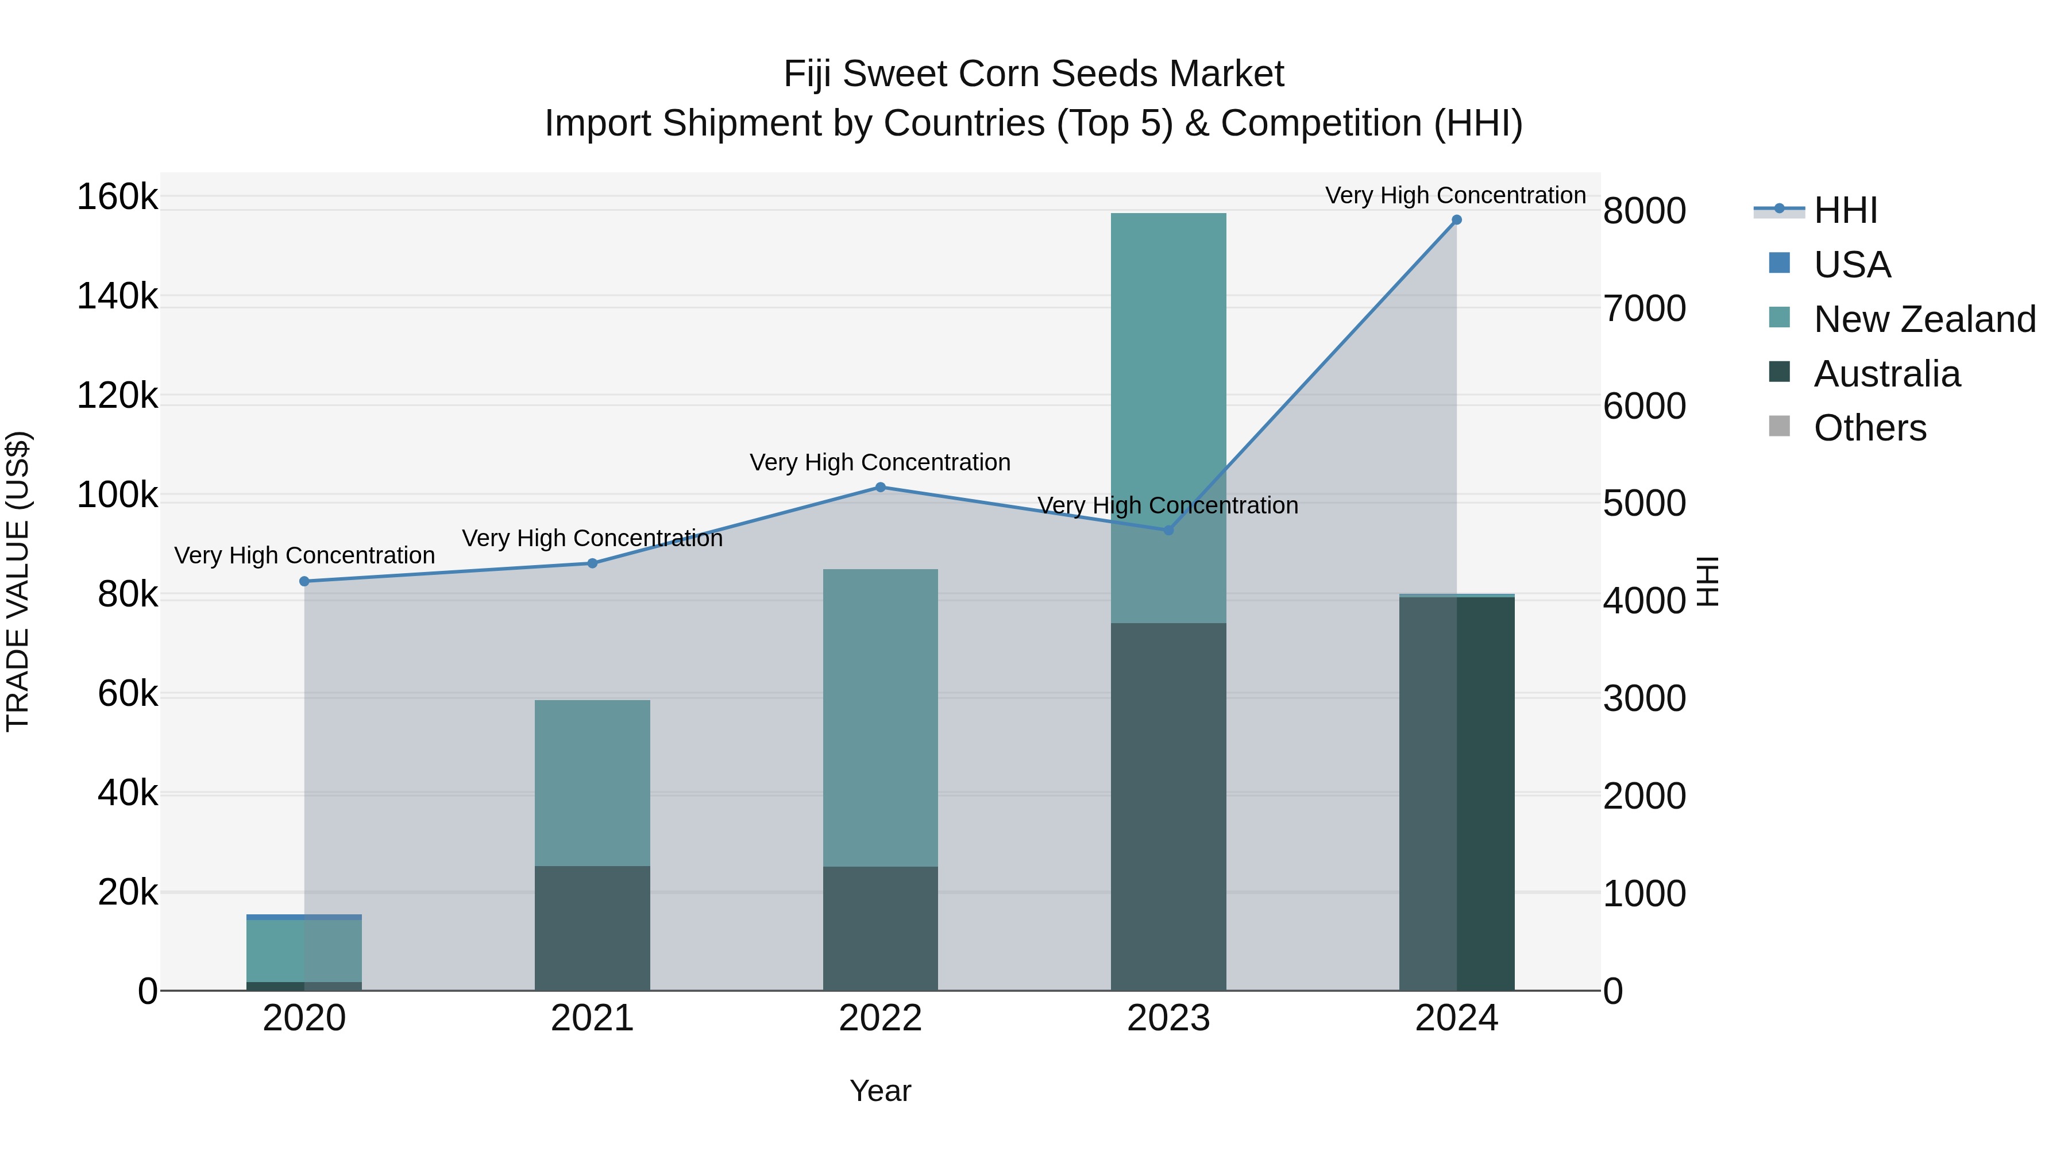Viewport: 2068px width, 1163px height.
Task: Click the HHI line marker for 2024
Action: pyautogui.click(x=1456, y=220)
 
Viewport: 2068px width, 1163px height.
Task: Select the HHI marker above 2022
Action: pyautogui.click(x=880, y=487)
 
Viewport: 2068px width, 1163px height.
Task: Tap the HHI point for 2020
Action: pyautogui.click(x=304, y=581)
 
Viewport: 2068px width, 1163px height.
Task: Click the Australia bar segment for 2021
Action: pyautogui.click(x=592, y=928)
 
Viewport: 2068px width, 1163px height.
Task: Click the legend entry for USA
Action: pyautogui.click(x=1851, y=265)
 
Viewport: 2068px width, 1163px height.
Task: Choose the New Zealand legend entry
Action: pyautogui.click(x=1923, y=319)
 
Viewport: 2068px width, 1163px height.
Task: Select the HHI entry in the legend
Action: pyautogui.click(x=1845, y=210)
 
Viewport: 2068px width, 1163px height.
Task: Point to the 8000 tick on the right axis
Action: pyautogui.click(x=1644, y=212)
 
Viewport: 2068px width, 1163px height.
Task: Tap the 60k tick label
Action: pyautogui.click(x=128, y=694)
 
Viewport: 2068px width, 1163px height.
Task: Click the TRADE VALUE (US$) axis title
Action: pyautogui.click(x=18, y=581)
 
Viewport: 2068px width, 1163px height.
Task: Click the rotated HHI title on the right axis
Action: pyautogui.click(x=1707, y=581)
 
